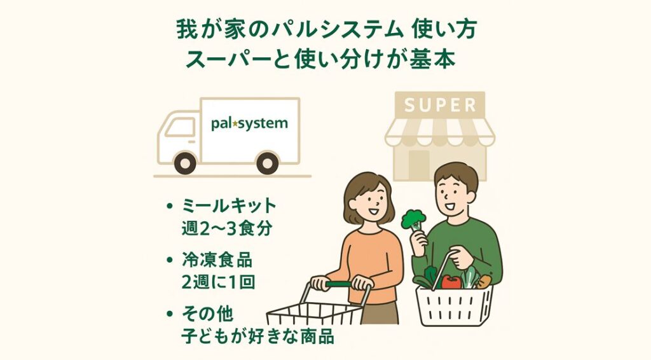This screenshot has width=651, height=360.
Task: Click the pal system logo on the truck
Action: coord(249,123)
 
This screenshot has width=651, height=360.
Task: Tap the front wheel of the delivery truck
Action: coord(185,163)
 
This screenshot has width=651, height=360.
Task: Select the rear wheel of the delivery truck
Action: coord(268,163)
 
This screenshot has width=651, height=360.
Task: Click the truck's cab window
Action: coord(180,127)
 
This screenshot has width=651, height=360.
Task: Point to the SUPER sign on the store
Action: coord(440,105)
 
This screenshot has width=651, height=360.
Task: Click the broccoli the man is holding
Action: coord(413,219)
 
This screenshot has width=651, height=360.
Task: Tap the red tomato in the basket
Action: coord(451,282)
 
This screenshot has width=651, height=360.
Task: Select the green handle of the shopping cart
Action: coord(338,284)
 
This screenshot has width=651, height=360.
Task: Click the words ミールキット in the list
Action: coord(229,205)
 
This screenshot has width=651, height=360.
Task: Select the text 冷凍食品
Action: coord(217,260)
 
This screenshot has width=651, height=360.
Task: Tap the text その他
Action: coord(208,314)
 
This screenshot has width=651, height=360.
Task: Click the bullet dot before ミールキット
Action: coord(169,206)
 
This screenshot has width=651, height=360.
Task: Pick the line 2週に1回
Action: coord(218,282)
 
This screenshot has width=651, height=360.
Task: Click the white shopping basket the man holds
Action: coord(454,305)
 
